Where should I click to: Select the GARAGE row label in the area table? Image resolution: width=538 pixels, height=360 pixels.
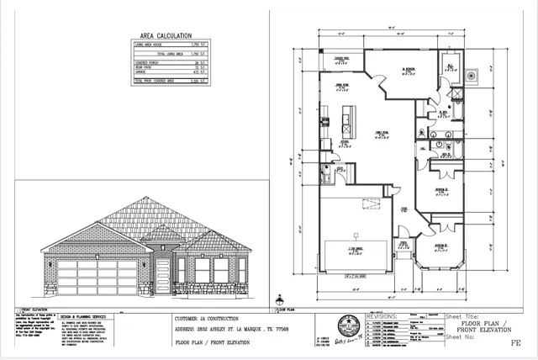point(142,73)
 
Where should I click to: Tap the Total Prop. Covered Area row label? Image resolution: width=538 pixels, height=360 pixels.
point(152,82)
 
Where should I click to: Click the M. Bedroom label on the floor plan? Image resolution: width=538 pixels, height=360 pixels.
point(409,70)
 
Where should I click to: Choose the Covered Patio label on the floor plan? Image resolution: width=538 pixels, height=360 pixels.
point(342,58)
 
